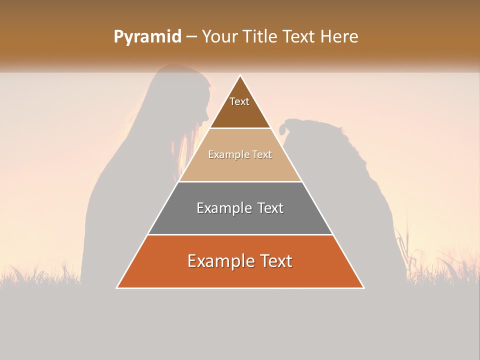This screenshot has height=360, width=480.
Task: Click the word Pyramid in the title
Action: [147, 37]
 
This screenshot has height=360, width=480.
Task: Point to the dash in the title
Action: [191, 37]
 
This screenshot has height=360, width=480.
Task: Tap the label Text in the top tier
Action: [239, 101]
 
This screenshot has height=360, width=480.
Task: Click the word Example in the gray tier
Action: [224, 208]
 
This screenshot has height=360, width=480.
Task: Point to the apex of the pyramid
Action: [240, 76]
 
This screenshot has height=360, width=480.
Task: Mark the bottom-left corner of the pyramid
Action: [117, 287]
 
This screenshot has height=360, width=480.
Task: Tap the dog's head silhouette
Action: [300, 132]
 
